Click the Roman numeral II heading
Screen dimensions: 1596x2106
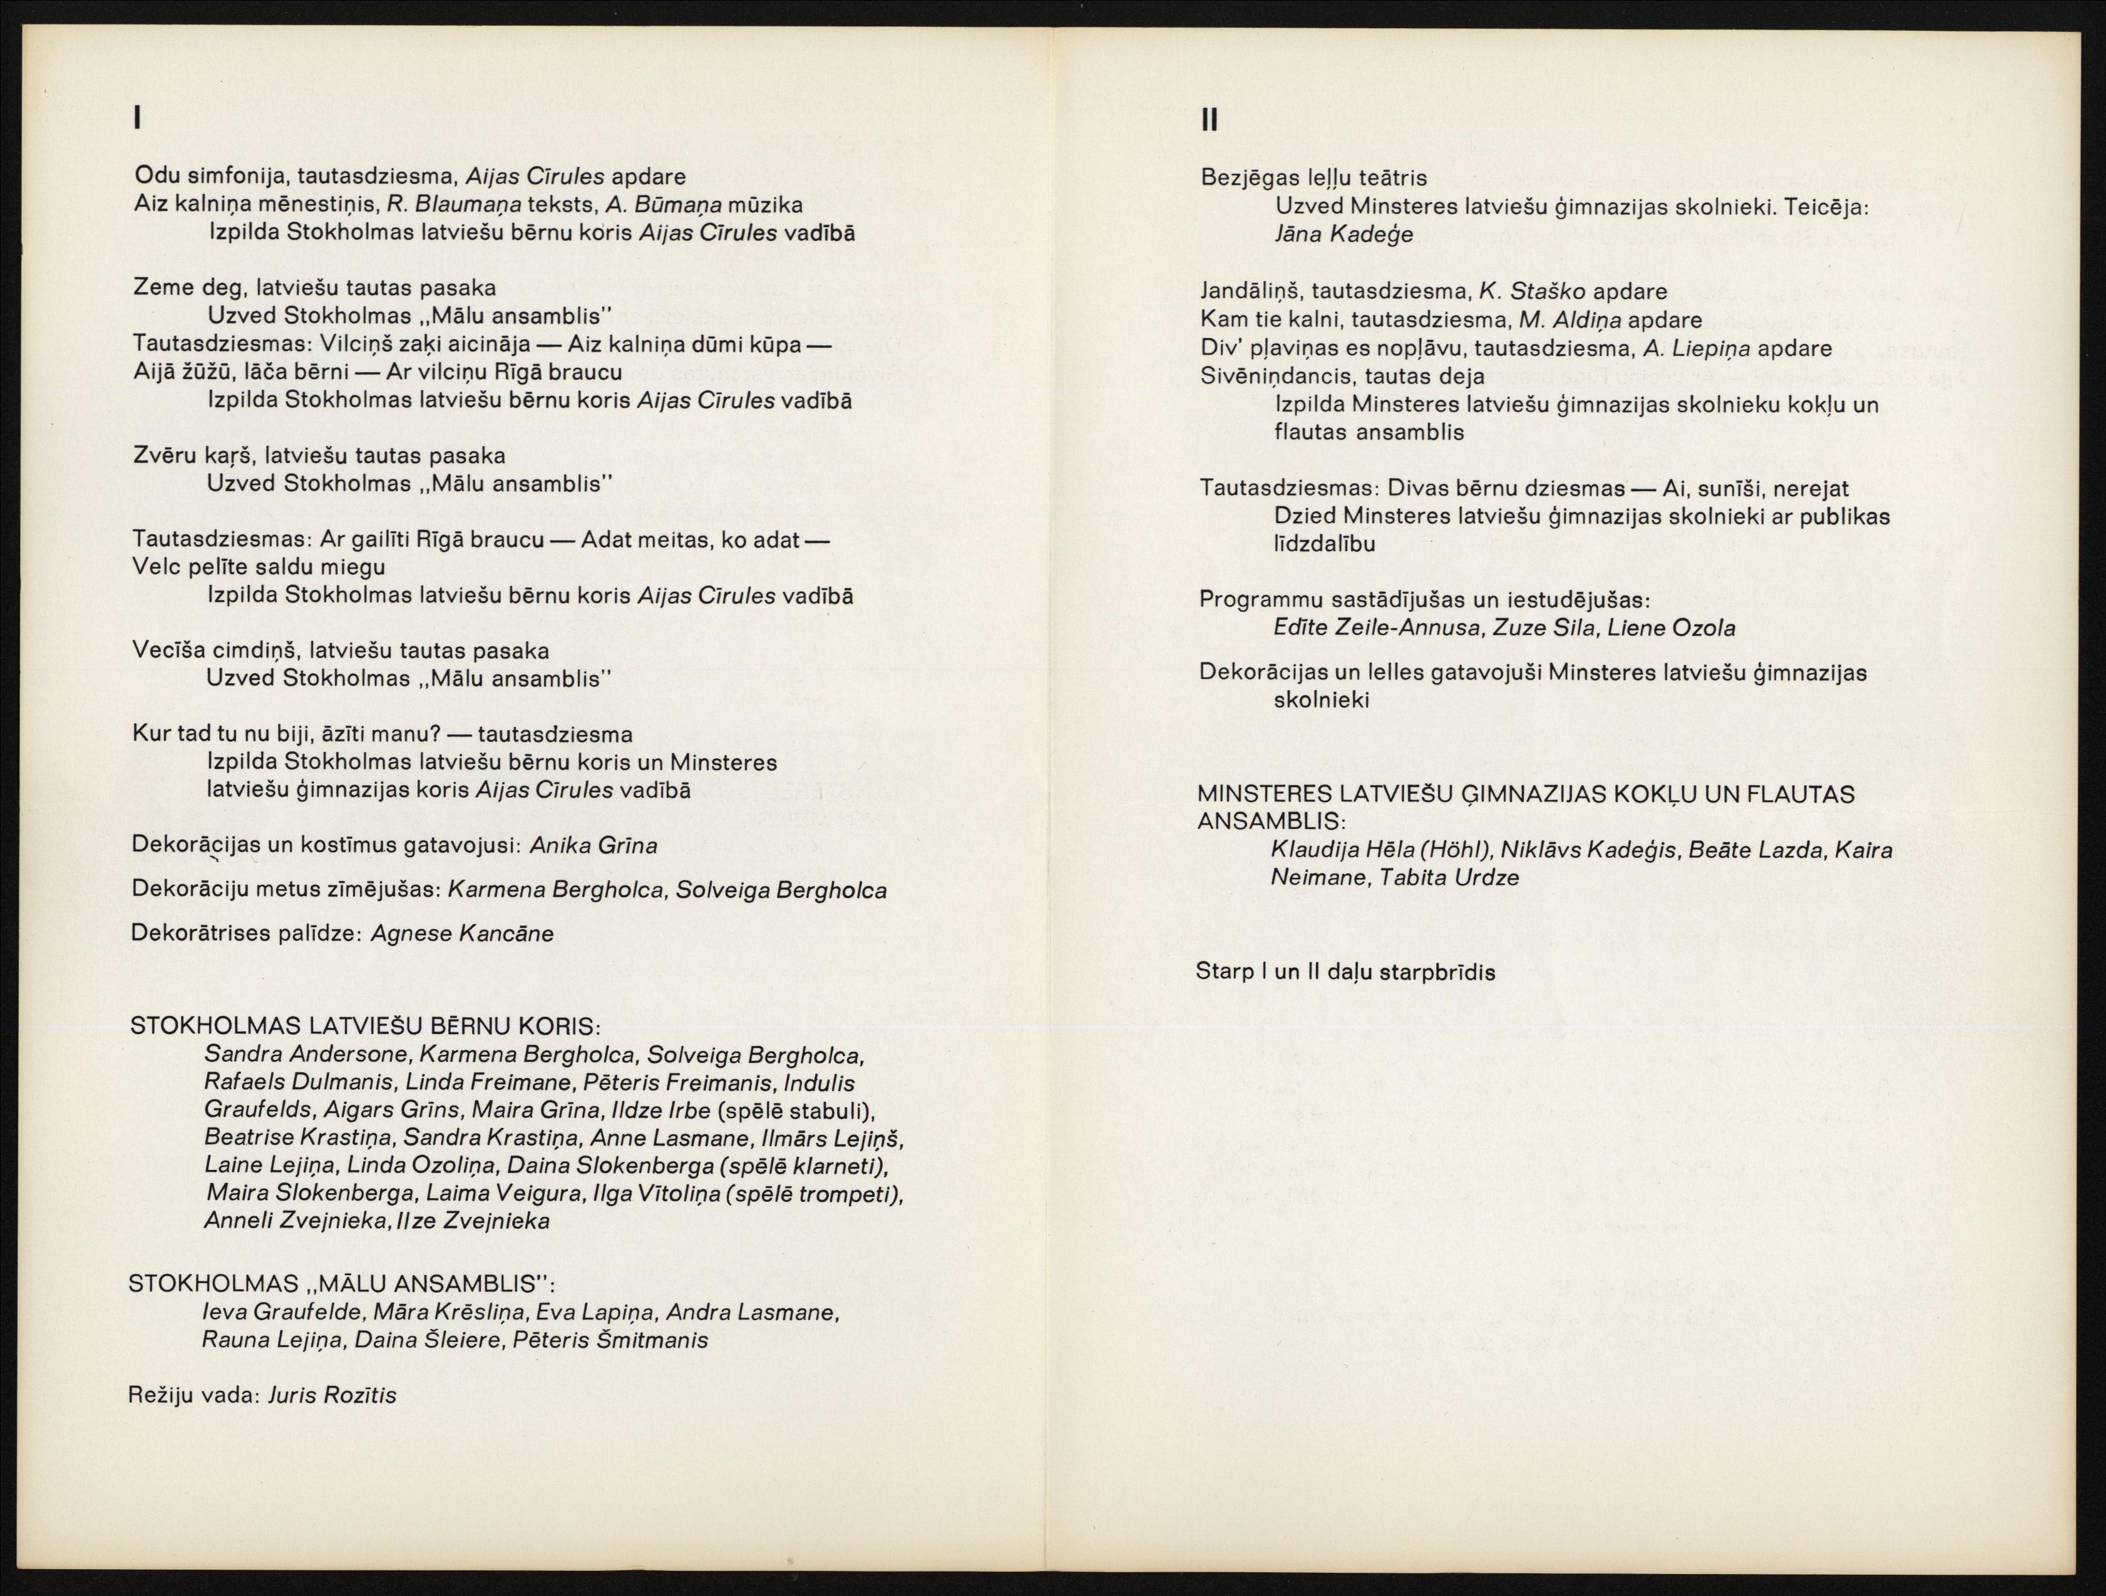coord(1209,120)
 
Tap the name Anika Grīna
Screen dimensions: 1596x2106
coord(592,845)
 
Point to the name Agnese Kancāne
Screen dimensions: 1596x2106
coord(462,933)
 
